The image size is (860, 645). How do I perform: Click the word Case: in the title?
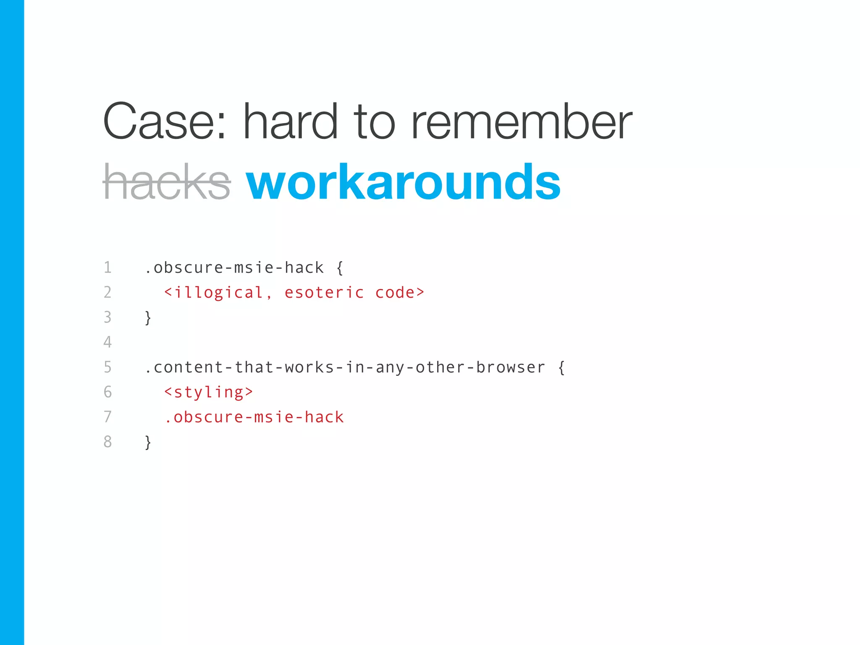[165, 122]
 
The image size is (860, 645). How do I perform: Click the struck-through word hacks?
[167, 182]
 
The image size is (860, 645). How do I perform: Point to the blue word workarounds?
[403, 182]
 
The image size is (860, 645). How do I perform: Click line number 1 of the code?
[107, 267]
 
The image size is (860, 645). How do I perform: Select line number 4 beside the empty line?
[107, 342]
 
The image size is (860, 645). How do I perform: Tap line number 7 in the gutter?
[107, 417]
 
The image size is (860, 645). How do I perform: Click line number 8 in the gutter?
[107, 442]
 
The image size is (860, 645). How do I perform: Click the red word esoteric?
[324, 293]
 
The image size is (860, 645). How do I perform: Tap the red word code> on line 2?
[400, 293]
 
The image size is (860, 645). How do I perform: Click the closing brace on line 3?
[148, 317]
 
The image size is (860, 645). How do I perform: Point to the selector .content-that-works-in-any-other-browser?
[344, 367]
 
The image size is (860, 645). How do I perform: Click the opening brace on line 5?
[561, 367]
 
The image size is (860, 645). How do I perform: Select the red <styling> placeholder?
[209, 392]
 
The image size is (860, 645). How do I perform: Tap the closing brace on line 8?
[148, 442]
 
